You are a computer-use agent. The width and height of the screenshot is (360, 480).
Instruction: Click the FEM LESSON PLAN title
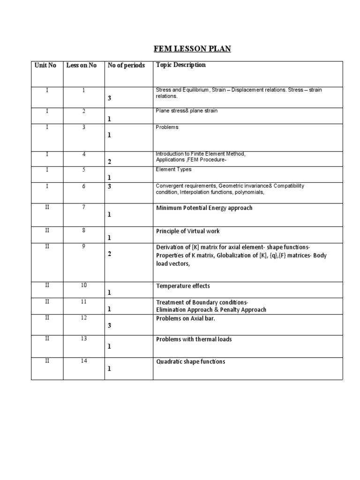tap(187, 48)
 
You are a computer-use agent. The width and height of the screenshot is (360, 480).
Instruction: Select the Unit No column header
tap(45, 66)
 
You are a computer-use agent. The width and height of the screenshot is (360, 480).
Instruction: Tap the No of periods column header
tap(126, 66)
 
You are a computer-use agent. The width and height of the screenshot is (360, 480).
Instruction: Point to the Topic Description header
tap(180, 65)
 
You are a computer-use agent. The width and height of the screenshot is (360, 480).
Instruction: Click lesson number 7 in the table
tap(83, 207)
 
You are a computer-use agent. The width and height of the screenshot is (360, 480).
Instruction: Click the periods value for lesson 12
tap(109, 326)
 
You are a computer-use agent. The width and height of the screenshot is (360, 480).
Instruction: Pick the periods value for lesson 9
tap(109, 254)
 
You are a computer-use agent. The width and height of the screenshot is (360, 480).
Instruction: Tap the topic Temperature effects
tap(183, 286)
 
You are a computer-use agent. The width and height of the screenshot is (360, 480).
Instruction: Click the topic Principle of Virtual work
tap(187, 231)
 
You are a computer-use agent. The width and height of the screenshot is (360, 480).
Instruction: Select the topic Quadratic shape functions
tap(190, 361)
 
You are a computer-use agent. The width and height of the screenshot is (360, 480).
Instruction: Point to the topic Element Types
tap(173, 170)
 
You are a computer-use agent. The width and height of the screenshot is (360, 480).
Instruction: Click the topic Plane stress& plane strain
tap(186, 111)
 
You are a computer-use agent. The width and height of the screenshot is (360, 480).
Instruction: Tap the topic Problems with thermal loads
tap(194, 339)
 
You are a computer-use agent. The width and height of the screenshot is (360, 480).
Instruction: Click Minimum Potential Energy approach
tap(204, 208)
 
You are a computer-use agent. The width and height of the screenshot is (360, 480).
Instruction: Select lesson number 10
tap(83, 285)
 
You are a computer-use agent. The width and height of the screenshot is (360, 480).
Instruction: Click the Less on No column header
tap(82, 66)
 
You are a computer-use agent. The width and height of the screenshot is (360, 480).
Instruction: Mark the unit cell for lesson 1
tap(47, 90)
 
